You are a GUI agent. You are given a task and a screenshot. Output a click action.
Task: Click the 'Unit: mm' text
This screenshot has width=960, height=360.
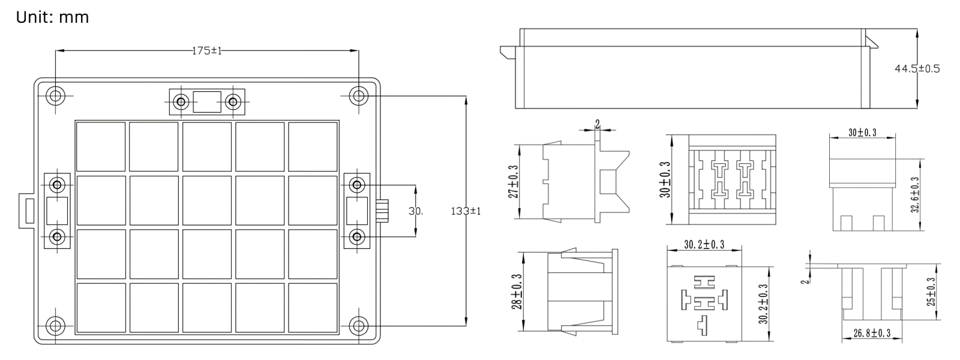pos(52,17)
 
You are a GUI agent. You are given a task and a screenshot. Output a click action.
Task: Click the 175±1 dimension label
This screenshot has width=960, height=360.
pos(207,51)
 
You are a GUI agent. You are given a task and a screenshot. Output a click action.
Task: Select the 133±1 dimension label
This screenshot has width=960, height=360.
pos(466,211)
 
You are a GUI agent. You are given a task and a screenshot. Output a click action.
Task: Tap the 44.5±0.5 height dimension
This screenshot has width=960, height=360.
pos(917,69)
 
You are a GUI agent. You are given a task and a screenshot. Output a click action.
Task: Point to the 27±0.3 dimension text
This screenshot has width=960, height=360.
pos(513,182)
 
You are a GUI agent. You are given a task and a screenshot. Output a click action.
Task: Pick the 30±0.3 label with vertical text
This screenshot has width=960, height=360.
pos(665,179)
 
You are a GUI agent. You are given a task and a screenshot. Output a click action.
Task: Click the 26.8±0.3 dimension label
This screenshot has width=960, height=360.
pos(872,333)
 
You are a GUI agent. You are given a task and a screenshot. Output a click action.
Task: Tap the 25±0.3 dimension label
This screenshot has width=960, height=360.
pos(931,292)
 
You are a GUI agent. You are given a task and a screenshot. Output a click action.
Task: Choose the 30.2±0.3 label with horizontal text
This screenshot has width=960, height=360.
pos(704,244)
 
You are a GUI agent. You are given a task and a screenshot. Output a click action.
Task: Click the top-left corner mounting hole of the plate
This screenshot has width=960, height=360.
pos(56,95)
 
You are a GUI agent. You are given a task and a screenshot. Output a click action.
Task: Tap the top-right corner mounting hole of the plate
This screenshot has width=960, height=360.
pos(358,95)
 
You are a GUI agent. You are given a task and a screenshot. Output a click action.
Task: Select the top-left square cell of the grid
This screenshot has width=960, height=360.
pos(101,146)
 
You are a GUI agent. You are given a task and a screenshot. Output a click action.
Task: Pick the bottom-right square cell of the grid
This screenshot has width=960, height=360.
pos(313,307)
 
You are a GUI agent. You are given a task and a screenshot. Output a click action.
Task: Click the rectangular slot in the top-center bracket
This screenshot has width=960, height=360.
pos(207,102)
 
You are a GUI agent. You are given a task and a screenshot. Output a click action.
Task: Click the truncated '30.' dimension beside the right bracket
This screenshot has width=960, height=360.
pos(416,211)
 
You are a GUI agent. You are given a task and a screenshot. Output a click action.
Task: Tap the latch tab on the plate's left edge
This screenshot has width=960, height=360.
pos(26,211)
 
